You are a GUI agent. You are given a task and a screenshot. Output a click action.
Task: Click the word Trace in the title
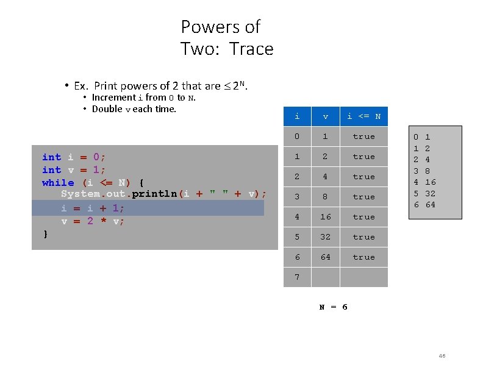(251, 49)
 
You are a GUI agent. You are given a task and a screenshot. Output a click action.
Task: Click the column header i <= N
(363, 116)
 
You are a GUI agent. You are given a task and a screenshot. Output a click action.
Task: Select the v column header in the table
(326, 116)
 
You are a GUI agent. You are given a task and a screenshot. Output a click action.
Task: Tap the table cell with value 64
(326, 257)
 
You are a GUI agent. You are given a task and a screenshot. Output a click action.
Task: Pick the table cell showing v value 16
(326, 217)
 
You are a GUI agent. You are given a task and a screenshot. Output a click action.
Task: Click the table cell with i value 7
(297, 277)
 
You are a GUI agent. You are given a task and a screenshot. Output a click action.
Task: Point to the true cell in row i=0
(363, 137)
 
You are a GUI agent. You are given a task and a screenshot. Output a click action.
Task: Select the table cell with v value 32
(326, 237)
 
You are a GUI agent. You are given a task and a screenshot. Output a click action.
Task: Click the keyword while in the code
(58, 183)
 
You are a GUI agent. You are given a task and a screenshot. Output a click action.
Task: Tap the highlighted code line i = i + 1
(92, 208)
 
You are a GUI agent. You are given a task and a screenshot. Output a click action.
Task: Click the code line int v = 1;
(73, 170)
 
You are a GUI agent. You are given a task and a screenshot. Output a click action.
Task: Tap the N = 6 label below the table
(334, 307)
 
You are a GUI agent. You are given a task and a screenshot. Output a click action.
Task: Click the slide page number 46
(442, 356)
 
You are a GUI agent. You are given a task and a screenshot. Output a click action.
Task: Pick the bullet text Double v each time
(134, 109)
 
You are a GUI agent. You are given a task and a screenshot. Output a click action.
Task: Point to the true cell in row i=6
(363, 257)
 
